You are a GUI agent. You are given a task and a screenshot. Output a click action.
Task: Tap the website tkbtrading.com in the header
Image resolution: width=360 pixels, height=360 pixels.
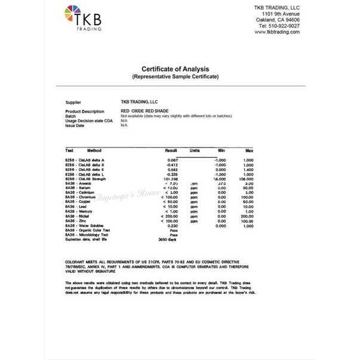(x=276, y=32)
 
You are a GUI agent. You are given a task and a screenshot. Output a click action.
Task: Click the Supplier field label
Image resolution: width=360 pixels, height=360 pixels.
(x=73, y=102)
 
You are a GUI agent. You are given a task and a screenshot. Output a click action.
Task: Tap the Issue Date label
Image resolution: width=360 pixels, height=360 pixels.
(x=75, y=125)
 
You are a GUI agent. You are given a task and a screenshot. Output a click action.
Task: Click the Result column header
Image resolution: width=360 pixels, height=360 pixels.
(x=171, y=150)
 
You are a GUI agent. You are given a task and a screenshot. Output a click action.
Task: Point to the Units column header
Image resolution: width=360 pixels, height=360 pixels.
(x=195, y=150)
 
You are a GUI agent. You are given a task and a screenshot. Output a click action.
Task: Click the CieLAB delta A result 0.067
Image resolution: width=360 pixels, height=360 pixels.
(x=173, y=161)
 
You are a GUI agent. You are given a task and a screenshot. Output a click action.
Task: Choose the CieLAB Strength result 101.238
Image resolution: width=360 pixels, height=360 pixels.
(x=171, y=179)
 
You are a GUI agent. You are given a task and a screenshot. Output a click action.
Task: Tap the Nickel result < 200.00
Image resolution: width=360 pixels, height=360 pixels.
(x=169, y=216)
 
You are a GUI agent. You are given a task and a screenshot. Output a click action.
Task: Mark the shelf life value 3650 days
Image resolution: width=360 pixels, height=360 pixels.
(x=168, y=239)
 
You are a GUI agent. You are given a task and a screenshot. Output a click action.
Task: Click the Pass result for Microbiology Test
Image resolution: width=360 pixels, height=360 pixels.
(x=174, y=235)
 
